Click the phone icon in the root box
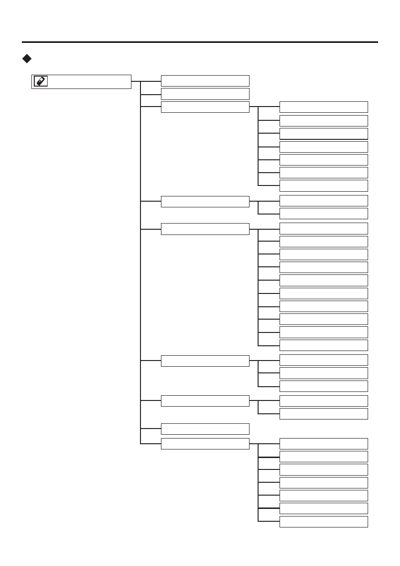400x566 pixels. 40,81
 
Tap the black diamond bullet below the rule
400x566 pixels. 27,59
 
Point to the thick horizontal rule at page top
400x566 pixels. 200,42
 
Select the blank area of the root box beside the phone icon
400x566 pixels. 89,81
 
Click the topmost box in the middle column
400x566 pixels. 205,80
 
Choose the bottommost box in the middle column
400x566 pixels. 205,444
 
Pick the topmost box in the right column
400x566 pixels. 324,107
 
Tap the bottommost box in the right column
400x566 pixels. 324,522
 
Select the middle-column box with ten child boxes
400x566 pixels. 205,229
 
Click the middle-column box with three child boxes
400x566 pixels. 205,361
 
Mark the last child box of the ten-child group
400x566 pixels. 324,345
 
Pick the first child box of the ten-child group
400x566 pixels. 324,228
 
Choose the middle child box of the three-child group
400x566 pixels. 324,373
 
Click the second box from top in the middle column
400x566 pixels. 205,93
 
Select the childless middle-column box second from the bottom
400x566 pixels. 205,429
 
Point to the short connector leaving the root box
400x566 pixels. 136,81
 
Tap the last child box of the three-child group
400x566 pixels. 324,386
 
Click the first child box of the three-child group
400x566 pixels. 324,360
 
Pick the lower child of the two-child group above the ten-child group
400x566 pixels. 324,213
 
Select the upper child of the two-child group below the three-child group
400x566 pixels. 324,400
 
